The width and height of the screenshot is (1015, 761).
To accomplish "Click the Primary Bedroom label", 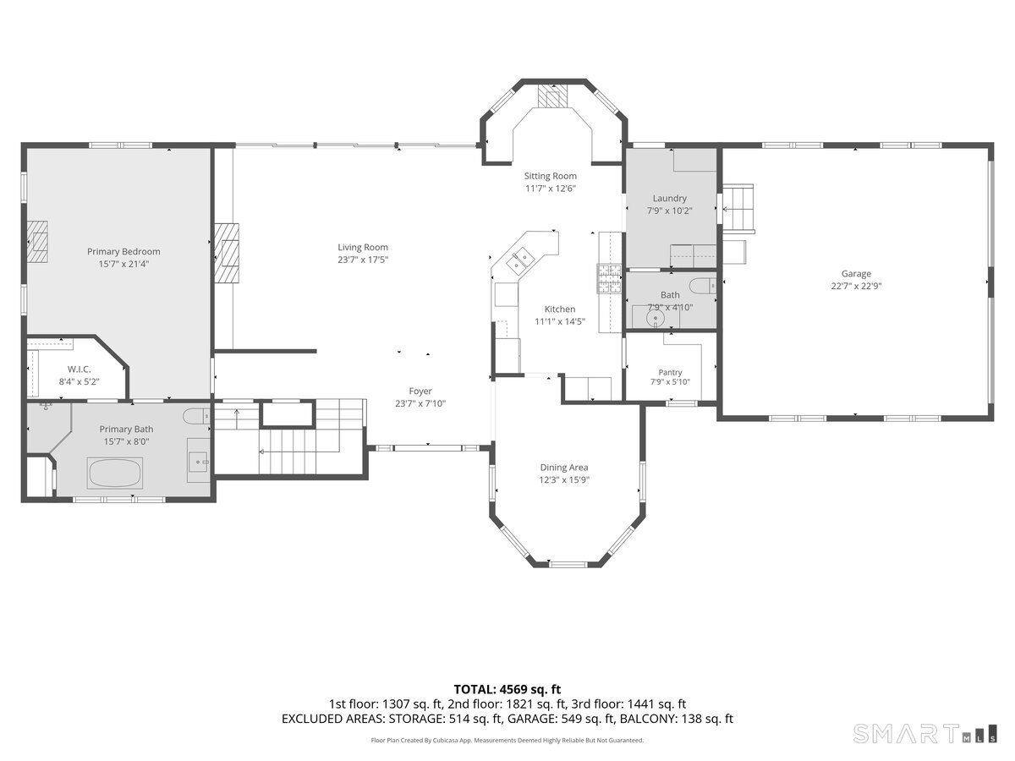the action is (123, 251).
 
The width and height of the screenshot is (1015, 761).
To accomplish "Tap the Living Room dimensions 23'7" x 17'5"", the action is (363, 260).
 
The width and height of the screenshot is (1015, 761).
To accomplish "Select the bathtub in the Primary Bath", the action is (115, 473).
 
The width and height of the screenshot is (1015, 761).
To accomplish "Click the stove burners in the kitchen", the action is (609, 279).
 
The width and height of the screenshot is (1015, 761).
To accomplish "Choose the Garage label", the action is (856, 273).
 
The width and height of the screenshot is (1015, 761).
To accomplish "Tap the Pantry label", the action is (670, 372).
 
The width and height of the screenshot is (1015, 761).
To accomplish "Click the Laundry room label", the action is (669, 198).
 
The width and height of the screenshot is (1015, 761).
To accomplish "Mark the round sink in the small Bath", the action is (655, 319).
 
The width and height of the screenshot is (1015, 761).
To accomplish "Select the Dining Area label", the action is (564, 467).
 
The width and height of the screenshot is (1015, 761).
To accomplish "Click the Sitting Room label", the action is (551, 176).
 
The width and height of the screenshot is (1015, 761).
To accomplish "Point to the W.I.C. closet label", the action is (79, 370).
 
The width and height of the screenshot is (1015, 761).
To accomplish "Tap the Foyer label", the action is (420, 391).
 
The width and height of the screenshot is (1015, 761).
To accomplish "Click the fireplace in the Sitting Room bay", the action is (552, 96).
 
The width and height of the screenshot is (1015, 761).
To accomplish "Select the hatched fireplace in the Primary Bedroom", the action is (37, 241).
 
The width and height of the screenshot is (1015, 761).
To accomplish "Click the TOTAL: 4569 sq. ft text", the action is (507, 689).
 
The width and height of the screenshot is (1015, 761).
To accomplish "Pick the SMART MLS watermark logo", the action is (924, 734).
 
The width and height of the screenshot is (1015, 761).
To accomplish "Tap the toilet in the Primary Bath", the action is (196, 416).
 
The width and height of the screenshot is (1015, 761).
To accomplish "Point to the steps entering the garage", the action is (738, 207).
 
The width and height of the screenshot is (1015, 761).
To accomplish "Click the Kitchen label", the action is (560, 309).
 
